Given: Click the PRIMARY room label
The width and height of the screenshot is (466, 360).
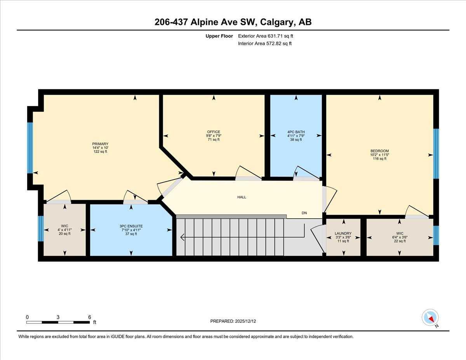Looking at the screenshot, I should (100, 144).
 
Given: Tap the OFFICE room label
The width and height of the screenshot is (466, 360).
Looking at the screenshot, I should (213, 132).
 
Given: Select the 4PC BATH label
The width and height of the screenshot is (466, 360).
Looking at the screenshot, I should (296, 132).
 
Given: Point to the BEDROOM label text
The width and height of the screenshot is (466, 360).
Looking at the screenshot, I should (379, 151).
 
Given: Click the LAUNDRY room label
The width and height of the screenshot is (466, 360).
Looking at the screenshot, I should (343, 233).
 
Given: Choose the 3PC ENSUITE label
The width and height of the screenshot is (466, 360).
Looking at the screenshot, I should (131, 226).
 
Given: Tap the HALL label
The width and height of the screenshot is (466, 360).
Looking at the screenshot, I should (242, 197).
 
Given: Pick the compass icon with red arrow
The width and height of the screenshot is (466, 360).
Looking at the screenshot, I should (430, 317).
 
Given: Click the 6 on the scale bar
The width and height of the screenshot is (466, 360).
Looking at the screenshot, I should (90, 317).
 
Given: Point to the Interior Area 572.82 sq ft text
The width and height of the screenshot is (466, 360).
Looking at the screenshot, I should (264, 43).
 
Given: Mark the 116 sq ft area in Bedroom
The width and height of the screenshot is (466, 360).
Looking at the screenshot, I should (379, 159).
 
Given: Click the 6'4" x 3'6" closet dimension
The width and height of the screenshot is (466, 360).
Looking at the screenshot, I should (400, 237).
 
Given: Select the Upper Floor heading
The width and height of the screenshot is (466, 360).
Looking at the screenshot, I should (219, 36).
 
